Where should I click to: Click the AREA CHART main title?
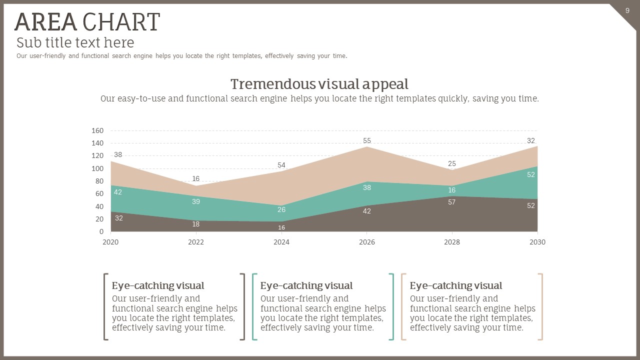pos(87,22)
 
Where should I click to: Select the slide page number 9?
pos(627,10)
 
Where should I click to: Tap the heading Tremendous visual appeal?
pos(319,84)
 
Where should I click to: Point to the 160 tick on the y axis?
pos(97,130)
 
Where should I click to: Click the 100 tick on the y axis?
pos(97,168)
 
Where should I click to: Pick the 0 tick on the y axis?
pos(101,231)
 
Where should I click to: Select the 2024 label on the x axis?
pos(281,242)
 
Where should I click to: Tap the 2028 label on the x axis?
pos(452,242)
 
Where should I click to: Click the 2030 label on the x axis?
pos(537,242)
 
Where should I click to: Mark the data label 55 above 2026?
pos(367,140)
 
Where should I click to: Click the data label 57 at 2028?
pos(452,202)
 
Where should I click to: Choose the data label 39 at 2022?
pos(196,201)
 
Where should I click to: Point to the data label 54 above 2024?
pos(281,165)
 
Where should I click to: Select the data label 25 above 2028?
pos(452,163)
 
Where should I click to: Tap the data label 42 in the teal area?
pos(118,192)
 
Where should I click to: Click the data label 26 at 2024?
pos(281,209)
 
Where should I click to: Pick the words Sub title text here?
pos(75,42)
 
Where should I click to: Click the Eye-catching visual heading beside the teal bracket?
pos(306,285)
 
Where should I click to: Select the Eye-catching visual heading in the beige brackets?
pos(456,285)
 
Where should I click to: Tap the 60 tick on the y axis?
pos(99,194)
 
